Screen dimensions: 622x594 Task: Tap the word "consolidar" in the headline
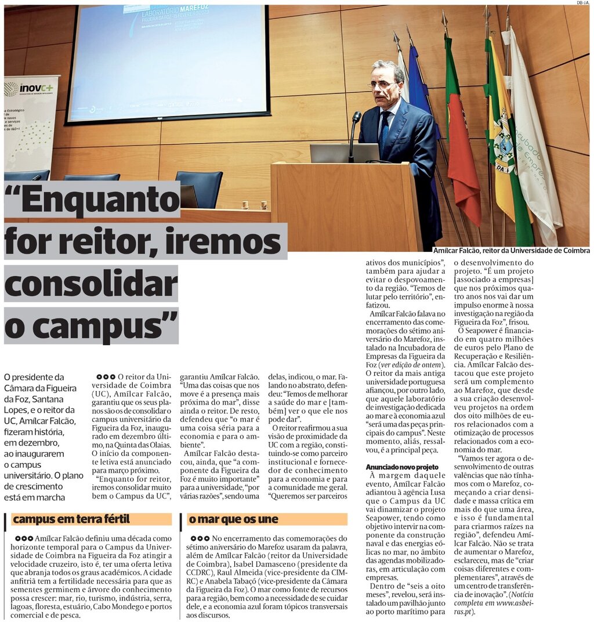coord(91,284)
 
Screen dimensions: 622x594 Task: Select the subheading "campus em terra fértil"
coord(71,519)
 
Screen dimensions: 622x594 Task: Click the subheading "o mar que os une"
coord(233,519)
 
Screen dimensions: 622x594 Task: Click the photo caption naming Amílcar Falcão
coord(512,251)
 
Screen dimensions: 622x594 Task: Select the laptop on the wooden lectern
coord(344,153)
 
